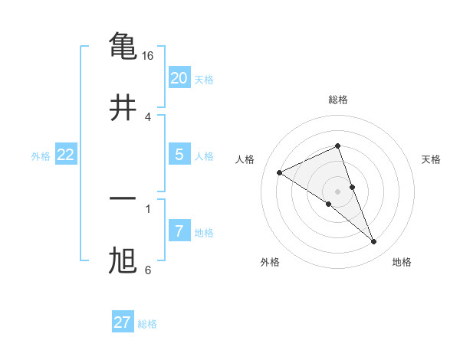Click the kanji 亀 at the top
pos(123,45)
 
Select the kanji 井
pos(123,107)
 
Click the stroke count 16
pos(148,56)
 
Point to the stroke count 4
pos(148,116)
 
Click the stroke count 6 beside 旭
pos(148,270)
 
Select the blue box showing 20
pos(179,78)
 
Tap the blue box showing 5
pos(179,155)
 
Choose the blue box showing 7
pos(179,231)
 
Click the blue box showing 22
pos(65,155)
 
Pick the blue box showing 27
pos(122,322)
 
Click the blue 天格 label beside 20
pos(204,80)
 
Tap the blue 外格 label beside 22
pos(41,156)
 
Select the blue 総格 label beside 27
pos(147,324)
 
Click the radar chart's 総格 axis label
pos(337,100)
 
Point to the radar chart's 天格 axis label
pos(432,159)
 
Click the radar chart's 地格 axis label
pos(402,263)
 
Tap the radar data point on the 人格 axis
pos(279,172)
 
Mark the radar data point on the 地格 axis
pos(374,242)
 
